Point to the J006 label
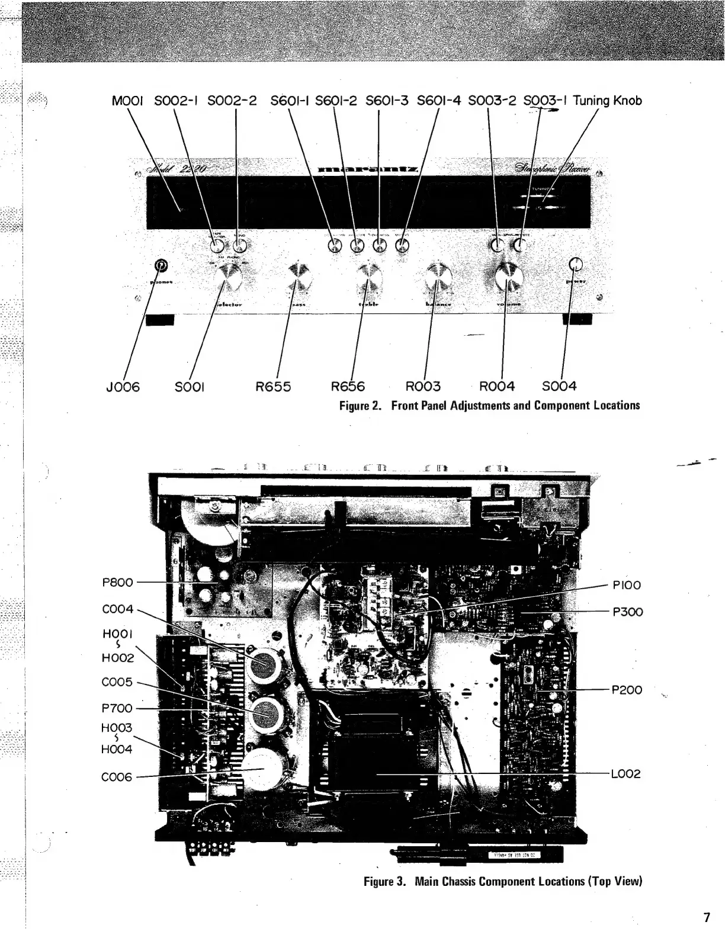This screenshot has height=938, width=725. tap(123, 387)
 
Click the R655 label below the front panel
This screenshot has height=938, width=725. tap(273, 387)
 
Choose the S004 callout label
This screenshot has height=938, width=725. tap(559, 386)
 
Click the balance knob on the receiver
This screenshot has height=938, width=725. tap(438, 276)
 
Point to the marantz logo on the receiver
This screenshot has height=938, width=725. tap(368, 171)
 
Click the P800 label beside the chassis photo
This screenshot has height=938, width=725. tap(117, 582)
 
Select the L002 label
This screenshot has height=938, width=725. tap(626, 774)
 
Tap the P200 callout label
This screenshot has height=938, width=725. tap(627, 690)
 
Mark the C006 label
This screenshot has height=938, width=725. tap(117, 777)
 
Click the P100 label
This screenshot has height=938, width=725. tap(627, 585)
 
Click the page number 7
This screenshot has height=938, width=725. tap(706, 918)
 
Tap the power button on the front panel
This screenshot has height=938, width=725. tap(575, 265)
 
